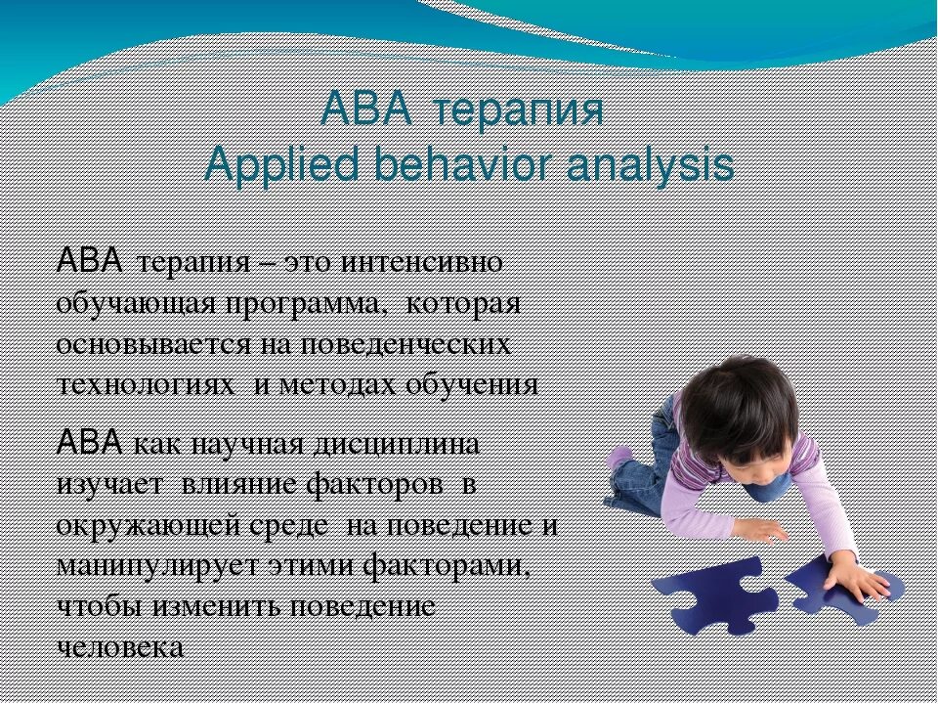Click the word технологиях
146,383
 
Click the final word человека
120,646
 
